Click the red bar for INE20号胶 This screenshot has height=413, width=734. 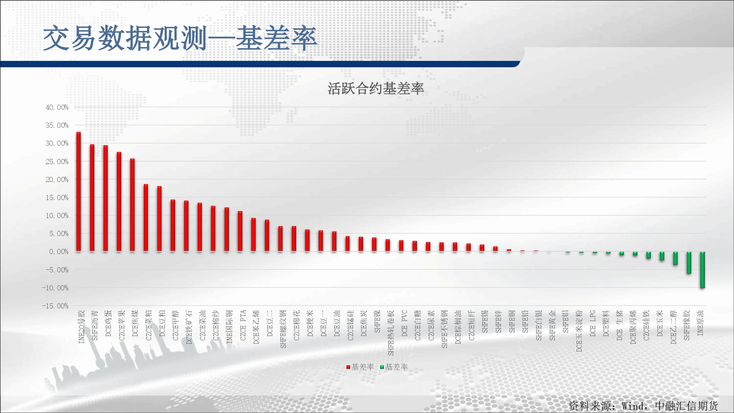79,192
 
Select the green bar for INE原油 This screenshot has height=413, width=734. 702,270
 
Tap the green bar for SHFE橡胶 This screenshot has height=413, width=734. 689,262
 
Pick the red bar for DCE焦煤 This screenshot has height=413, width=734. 132,205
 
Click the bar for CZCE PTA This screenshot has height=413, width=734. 240,231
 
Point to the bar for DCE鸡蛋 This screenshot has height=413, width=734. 105,198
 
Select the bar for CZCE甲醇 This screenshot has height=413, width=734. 173,225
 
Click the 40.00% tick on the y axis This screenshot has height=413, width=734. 57,107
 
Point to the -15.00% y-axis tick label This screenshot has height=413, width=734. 55,306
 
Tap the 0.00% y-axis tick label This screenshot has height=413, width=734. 59,251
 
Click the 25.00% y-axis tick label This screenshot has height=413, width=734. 57,162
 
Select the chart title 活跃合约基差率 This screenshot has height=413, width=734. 376,88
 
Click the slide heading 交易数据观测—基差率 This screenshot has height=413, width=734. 180,38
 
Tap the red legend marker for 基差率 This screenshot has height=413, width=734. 348,367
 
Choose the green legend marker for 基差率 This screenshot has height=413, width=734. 382,367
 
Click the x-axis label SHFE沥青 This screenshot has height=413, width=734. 95,325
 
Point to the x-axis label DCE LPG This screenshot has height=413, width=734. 593,323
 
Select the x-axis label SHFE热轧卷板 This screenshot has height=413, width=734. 391,333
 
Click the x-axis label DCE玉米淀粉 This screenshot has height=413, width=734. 579,331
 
